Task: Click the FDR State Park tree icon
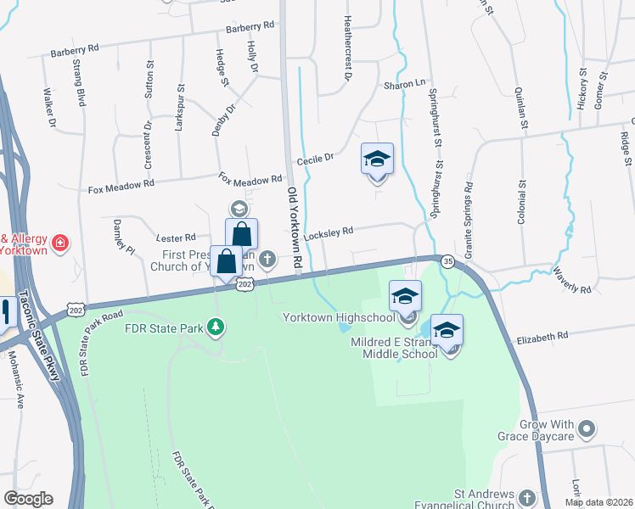(216, 327)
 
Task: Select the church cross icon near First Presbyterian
(268, 259)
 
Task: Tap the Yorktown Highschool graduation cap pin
(406, 298)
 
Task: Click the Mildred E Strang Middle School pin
(447, 332)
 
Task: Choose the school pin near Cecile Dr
(378, 160)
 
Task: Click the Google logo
(28, 499)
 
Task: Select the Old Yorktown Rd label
(295, 229)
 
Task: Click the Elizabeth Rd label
(541, 337)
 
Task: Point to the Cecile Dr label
(316, 158)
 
